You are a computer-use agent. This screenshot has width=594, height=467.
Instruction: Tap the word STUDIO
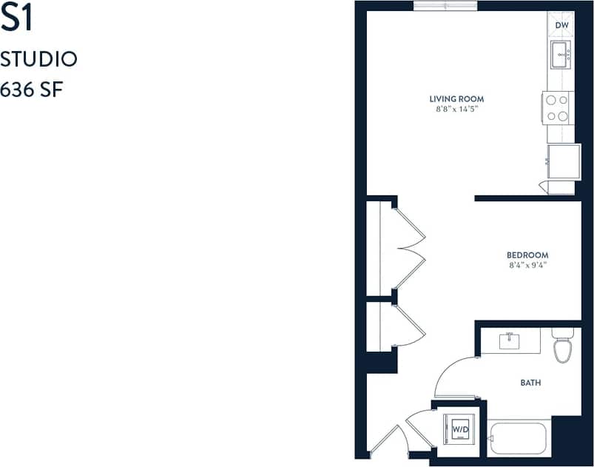[x=39, y=59]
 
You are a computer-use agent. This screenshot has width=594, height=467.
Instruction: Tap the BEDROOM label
[x=527, y=255]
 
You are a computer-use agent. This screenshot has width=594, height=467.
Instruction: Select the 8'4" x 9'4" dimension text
[x=527, y=266]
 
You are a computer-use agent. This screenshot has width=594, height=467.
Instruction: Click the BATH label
[x=530, y=383]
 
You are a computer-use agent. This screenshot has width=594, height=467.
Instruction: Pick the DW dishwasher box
[x=561, y=25]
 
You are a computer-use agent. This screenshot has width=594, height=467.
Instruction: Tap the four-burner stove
[x=557, y=107]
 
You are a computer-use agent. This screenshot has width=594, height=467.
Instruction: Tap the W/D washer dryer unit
[x=460, y=429]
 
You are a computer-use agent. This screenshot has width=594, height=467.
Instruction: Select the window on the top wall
[x=445, y=6]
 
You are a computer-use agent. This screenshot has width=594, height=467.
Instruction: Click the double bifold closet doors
[x=409, y=247]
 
